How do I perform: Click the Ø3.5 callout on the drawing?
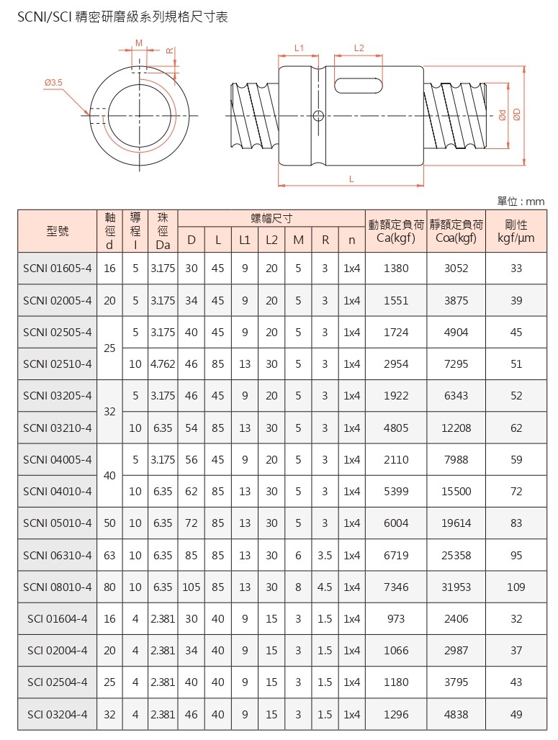coord(54,84)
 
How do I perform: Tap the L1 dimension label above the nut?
coord(300,48)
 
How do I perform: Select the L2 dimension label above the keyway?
coord(359,48)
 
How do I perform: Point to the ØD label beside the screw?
coord(516,114)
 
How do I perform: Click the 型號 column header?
coord(58,231)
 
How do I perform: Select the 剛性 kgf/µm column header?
coord(516,231)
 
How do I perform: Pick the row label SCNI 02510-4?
coord(58,364)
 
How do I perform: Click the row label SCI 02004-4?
coord(58,650)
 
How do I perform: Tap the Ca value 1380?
coord(396,269)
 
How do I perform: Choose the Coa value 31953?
coord(456,587)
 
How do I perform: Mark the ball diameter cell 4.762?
coord(163,364)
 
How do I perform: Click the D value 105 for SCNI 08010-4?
coord(191,587)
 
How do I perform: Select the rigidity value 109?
coord(516,587)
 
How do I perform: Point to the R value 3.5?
coord(325,555)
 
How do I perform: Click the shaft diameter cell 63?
coord(109,555)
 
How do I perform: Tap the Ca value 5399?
coord(396,492)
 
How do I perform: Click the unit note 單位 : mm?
coord(521,202)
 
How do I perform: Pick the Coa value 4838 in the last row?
coord(456,714)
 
